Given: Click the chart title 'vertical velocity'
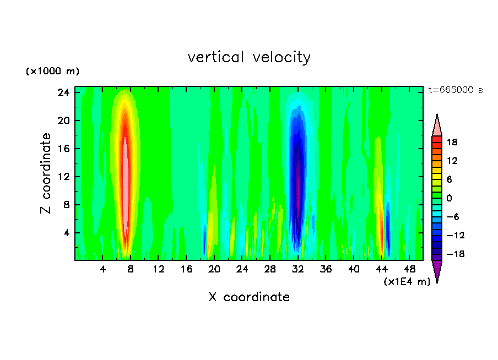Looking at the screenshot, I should [249, 57].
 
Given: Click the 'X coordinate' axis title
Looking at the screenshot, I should [249, 297].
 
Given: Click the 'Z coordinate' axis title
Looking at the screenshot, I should [46, 173].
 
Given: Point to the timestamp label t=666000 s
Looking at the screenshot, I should [455, 90].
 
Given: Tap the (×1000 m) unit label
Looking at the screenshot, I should [53, 72].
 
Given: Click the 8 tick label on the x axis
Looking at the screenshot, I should [131, 269].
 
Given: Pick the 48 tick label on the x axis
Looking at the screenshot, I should [409, 269].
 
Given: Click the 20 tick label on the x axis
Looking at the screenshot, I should [214, 269].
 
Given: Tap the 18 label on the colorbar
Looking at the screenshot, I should [452, 142].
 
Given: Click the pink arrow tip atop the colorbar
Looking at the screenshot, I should [437, 125].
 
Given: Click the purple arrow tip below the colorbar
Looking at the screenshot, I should [437, 271].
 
